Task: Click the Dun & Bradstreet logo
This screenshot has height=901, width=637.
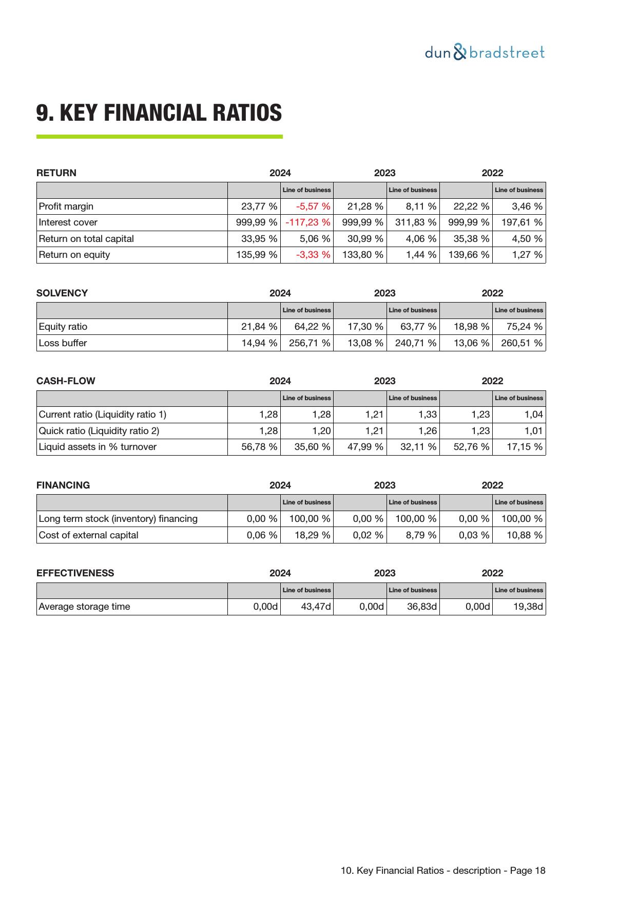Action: [485, 52]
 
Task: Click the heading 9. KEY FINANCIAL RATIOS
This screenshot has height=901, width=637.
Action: [159, 112]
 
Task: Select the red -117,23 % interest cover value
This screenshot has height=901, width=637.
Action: [308, 222]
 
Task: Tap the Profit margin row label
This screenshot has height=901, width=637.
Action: [66, 207]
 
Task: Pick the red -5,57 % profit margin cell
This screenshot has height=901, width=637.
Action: [313, 207]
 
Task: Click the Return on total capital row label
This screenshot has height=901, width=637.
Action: [86, 239]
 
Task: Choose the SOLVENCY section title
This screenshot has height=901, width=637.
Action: [62, 293]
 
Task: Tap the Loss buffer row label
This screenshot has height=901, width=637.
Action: [63, 343]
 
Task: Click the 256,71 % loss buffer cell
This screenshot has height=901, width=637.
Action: [310, 343]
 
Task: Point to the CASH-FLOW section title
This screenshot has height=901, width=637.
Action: [66, 381]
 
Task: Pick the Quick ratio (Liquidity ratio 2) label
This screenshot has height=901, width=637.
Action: [99, 431]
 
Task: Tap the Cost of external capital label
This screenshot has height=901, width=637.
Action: [89, 535]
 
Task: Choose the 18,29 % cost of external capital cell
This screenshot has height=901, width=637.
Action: [312, 535]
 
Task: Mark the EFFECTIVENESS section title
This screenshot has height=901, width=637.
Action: [75, 573]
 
